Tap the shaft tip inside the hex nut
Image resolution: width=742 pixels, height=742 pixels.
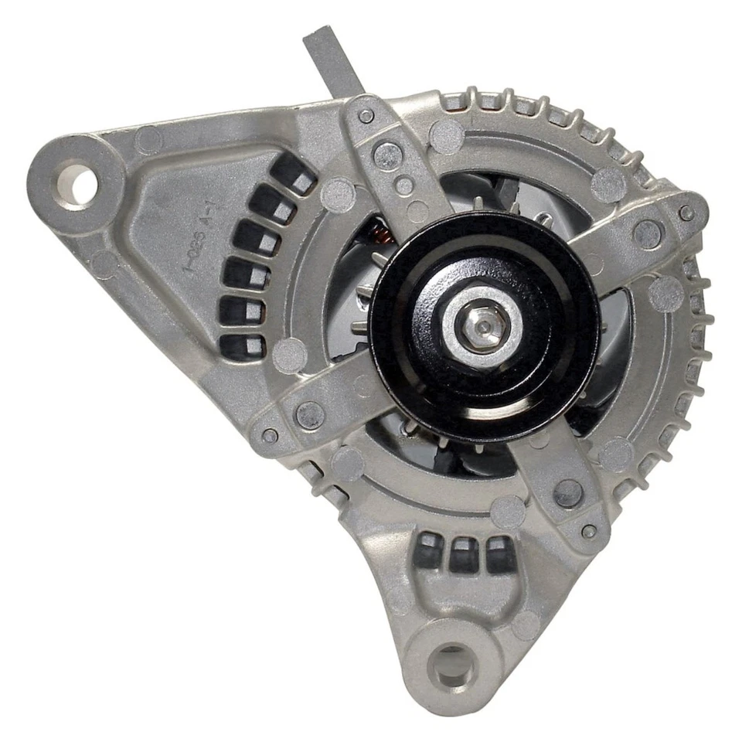[x=482, y=328]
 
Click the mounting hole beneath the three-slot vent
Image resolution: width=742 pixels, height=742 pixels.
[x=452, y=665]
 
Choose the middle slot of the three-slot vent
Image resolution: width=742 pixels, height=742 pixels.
[x=464, y=553]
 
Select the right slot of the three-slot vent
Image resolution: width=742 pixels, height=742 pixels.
[x=499, y=553]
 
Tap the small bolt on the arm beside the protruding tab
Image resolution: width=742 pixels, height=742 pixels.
[x=366, y=116]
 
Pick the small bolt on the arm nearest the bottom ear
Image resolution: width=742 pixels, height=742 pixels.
[x=588, y=531]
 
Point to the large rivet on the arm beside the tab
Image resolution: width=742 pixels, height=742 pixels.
[x=387, y=155]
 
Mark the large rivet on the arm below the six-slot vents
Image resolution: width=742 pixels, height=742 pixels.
[x=310, y=415]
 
